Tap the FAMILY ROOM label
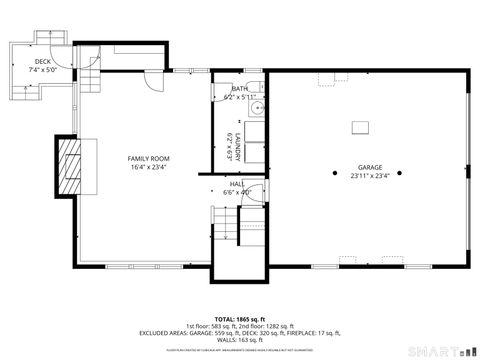[147, 159]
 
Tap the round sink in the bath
[257, 108]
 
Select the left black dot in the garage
[335, 173]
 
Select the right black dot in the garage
[400, 173]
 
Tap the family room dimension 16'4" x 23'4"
[147, 168]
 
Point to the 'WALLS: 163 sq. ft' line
[240, 341]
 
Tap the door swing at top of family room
[149, 82]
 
